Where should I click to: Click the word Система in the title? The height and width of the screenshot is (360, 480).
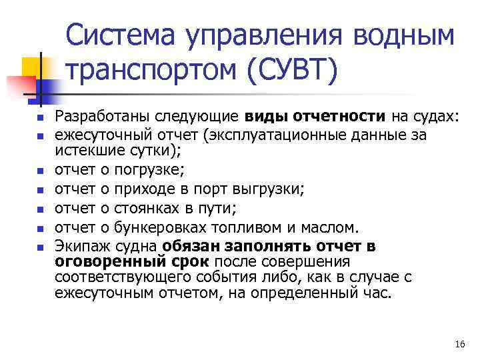pos(125,35)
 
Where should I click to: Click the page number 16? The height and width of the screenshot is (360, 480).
pos(459,344)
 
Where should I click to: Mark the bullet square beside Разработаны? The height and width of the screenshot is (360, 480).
pos(40,118)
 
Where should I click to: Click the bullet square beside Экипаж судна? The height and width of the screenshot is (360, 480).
pos(40,247)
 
